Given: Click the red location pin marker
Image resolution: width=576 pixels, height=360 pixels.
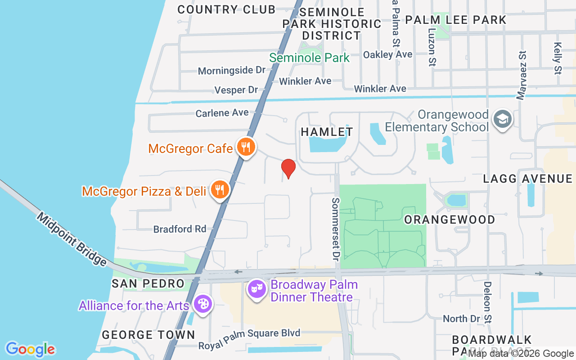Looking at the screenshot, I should (x=288, y=168).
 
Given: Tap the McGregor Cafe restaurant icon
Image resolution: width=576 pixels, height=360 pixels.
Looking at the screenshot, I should (x=246, y=147).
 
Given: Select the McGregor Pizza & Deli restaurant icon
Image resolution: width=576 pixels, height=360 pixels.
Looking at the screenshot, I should (x=220, y=190).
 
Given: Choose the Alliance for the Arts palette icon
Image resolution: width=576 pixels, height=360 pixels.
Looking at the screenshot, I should (x=203, y=304).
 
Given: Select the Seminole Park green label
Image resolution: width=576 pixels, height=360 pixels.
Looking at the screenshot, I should (x=309, y=58).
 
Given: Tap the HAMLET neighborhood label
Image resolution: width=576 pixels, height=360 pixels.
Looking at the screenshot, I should (x=327, y=132).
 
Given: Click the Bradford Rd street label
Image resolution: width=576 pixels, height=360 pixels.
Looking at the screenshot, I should (x=180, y=229).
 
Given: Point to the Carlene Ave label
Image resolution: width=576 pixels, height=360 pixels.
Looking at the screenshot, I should (x=222, y=112).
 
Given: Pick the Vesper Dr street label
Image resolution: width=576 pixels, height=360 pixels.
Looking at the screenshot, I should (x=236, y=90).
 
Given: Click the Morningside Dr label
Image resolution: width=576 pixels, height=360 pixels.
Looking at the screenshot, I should (x=232, y=71).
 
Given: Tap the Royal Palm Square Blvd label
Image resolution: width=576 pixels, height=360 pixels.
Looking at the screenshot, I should (x=249, y=333).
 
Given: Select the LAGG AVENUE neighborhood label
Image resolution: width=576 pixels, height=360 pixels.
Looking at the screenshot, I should (x=527, y=179).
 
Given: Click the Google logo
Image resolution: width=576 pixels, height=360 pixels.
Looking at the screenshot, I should (x=30, y=349).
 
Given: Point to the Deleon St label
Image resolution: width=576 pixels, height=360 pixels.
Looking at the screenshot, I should (x=488, y=302).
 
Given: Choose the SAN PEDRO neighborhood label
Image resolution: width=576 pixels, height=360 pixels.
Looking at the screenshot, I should (x=148, y=283).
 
